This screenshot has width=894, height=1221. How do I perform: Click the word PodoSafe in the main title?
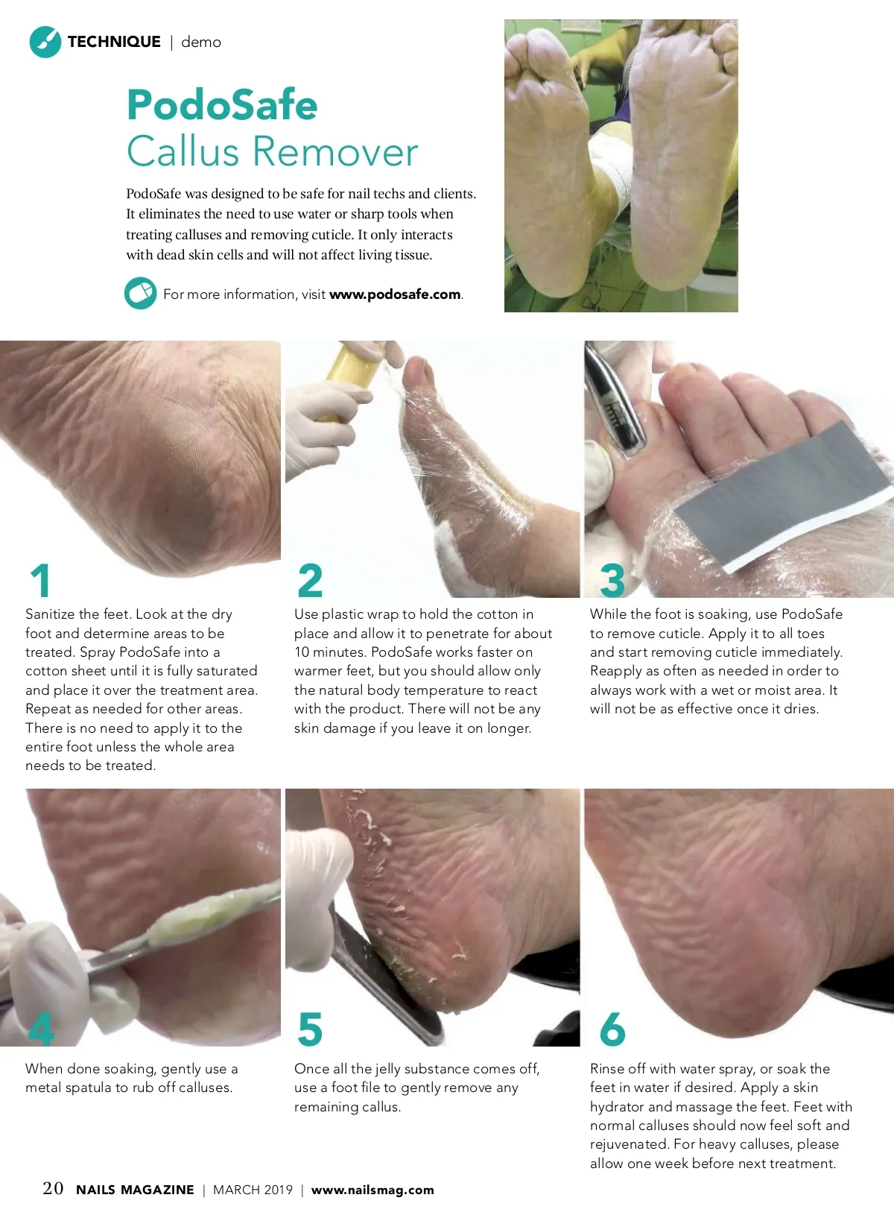(x=222, y=104)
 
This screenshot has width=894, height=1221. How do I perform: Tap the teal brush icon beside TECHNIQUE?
(x=45, y=42)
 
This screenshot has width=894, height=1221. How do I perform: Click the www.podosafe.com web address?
(x=395, y=294)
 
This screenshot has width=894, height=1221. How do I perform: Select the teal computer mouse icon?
(x=140, y=293)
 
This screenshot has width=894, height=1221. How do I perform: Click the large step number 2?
(x=310, y=581)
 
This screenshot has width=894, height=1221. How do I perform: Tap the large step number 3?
(x=612, y=581)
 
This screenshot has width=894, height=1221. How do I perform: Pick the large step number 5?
(x=310, y=1029)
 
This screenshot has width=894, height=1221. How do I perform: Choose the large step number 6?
(x=612, y=1029)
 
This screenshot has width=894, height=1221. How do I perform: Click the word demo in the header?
(x=201, y=42)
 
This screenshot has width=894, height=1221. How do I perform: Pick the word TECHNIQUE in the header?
(x=114, y=42)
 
